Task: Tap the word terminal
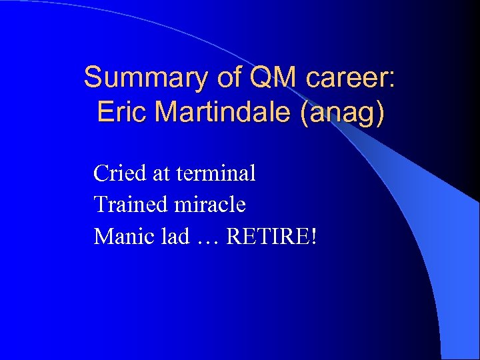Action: click(216, 173)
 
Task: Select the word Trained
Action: click(131, 204)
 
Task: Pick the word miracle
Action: click(210, 204)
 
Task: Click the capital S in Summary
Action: click(92, 78)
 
